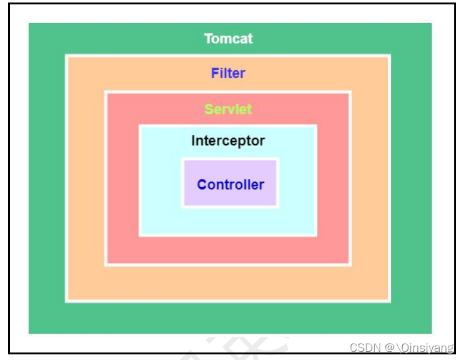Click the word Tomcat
(x=228, y=39)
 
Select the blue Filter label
(x=228, y=73)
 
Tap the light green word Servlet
(x=228, y=110)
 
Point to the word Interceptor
(x=228, y=141)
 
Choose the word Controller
(x=231, y=185)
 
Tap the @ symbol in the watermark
(x=390, y=348)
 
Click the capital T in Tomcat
(x=208, y=39)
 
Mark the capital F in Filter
(x=214, y=73)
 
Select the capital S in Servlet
(x=208, y=110)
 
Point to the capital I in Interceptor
(x=193, y=141)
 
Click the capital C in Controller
(x=202, y=185)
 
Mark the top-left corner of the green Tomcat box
(x=29, y=24)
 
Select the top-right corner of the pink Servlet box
(x=350, y=93)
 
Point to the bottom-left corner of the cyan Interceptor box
(x=140, y=235)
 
